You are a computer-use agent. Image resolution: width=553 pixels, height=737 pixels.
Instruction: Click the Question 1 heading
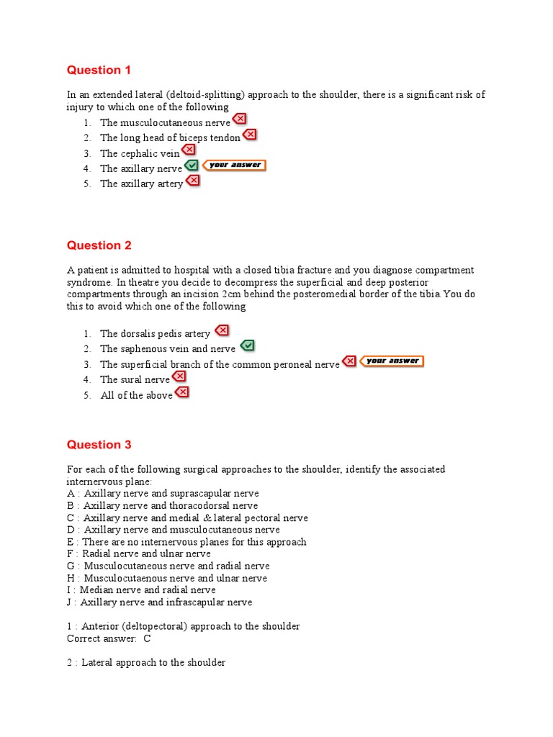[99, 70]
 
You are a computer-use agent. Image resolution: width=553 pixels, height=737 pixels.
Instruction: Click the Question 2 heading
[99, 245]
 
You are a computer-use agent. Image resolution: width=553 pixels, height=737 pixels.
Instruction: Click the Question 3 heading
[99, 445]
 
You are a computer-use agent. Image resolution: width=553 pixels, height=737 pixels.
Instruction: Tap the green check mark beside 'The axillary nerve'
[192, 166]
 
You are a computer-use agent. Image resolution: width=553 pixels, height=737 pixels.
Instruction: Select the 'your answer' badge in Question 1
[234, 166]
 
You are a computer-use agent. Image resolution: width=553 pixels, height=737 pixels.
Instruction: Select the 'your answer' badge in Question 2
[392, 361]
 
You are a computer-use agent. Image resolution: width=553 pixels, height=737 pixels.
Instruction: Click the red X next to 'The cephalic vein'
[189, 150]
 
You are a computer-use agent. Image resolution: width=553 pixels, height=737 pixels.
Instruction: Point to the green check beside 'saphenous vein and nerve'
[246, 346]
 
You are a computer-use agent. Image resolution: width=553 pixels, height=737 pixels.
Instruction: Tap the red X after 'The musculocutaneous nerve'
[239, 119]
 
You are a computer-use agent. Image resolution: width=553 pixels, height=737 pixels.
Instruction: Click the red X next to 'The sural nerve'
[179, 376]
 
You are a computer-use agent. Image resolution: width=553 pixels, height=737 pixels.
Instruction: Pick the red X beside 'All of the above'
[181, 392]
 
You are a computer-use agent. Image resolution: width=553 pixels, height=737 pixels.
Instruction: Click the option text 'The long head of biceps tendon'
[170, 137]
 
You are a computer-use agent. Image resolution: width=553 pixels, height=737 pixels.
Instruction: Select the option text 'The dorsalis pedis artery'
[155, 334]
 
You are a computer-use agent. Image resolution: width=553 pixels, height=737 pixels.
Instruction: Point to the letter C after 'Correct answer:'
[147, 638]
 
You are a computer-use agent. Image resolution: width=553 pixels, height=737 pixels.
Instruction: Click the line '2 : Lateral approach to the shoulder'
[146, 662]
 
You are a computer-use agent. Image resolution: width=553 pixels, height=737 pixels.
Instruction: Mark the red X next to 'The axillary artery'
[192, 181]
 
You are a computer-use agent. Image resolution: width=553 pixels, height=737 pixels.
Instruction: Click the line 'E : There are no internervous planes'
[186, 542]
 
